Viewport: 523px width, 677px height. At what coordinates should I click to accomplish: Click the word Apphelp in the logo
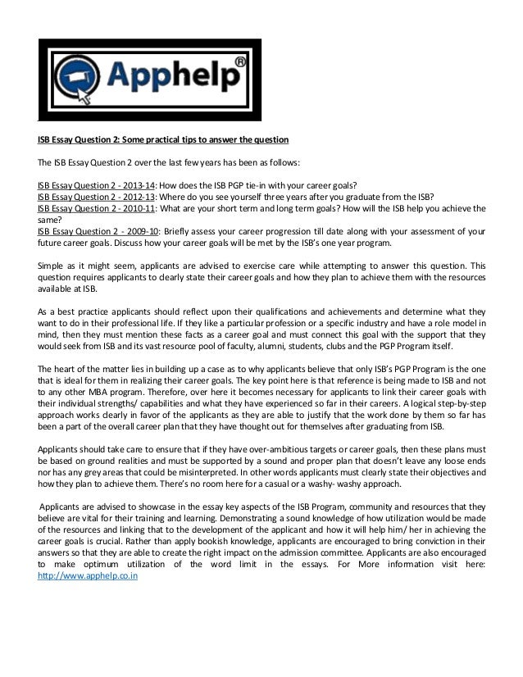pos(167,79)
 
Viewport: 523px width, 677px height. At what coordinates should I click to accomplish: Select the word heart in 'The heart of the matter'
pos(69,367)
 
